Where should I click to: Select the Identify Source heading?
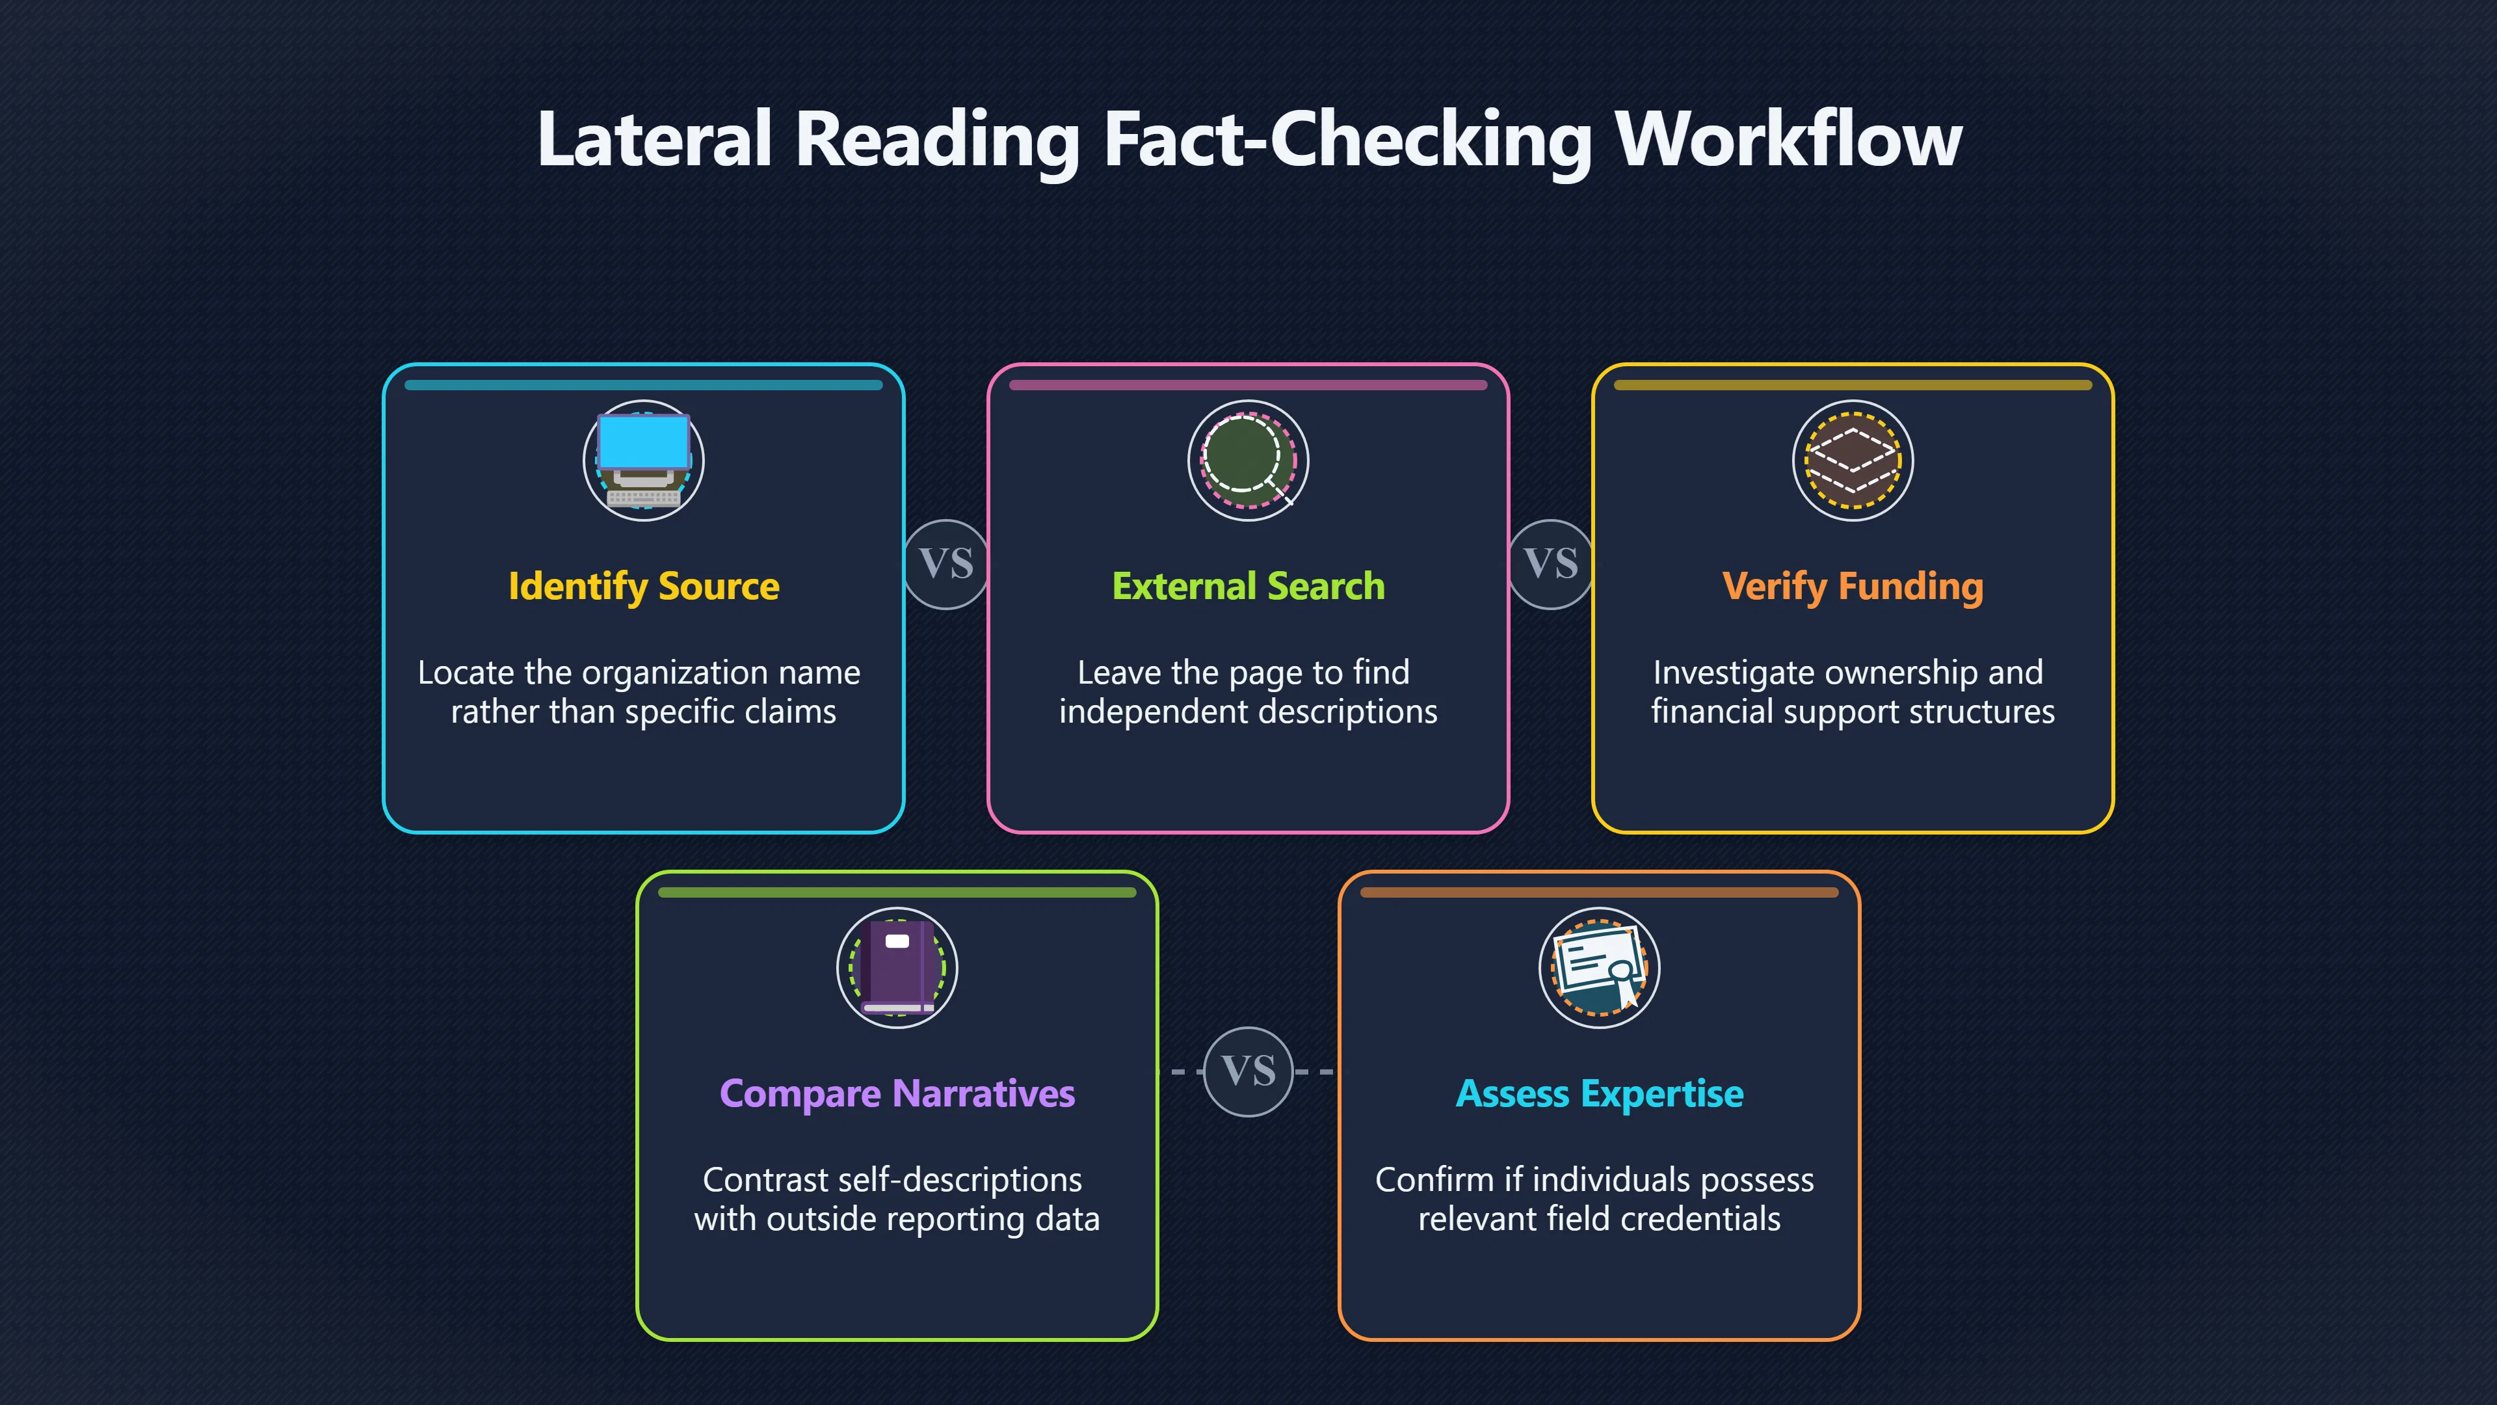[644, 587]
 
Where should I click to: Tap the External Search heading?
[1248, 587]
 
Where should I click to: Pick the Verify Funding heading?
[1853, 587]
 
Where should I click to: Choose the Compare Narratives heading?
[897, 1093]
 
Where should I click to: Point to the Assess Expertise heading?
[1600, 1093]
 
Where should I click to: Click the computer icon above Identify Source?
[644, 461]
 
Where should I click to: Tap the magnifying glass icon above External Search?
[1248, 461]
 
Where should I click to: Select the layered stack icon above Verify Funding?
[1853, 461]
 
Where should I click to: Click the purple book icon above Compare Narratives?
[897, 968]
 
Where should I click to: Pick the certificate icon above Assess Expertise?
[1600, 968]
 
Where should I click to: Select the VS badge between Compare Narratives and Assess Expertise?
[1248, 1071]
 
